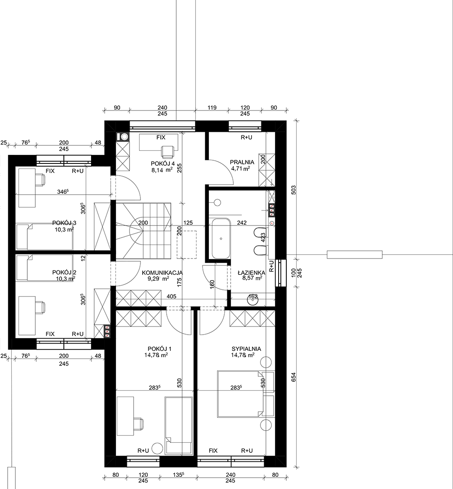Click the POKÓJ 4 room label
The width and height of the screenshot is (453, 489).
[x=163, y=164]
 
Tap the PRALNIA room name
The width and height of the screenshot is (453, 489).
[x=242, y=162]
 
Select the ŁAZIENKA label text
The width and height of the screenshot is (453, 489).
[x=251, y=273]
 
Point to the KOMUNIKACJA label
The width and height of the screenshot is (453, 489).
[x=162, y=273]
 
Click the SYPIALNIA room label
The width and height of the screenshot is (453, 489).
[x=246, y=349]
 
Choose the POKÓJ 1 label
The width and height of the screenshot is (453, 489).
[x=159, y=349]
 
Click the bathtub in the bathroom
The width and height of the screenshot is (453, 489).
[x=221, y=239]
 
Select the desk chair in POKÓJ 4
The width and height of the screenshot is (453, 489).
[x=168, y=152]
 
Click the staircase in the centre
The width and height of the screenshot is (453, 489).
[x=144, y=230]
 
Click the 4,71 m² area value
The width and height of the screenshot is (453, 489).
[x=241, y=169]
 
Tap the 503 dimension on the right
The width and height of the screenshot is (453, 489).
[x=293, y=190]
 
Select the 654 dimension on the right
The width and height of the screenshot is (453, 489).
[x=293, y=377]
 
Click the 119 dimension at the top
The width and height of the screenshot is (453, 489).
[x=212, y=108]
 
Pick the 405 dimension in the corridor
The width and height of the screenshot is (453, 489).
[x=171, y=296]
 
